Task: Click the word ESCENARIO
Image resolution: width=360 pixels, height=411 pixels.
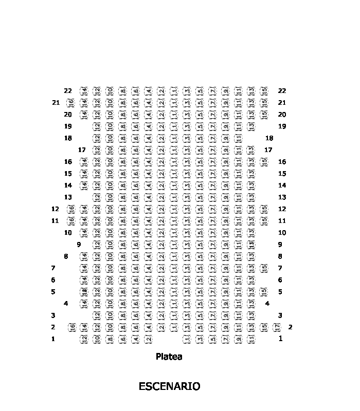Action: click(x=169, y=386)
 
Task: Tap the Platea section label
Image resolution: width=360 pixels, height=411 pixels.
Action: click(x=169, y=357)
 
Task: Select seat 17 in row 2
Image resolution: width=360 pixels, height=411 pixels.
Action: click(x=277, y=327)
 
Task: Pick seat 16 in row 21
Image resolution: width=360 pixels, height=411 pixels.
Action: click(x=71, y=103)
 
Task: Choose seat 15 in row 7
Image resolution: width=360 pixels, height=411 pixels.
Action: click(x=264, y=268)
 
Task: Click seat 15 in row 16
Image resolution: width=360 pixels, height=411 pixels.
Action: click(x=264, y=162)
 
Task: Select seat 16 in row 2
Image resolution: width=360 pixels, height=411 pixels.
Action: click(x=73, y=327)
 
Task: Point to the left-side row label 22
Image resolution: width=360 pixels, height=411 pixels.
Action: click(x=68, y=91)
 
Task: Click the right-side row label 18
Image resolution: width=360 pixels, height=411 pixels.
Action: click(x=269, y=138)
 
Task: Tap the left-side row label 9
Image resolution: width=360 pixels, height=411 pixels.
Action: click(x=79, y=245)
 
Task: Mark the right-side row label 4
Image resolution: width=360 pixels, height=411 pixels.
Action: click(x=267, y=304)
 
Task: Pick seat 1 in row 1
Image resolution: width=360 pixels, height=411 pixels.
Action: click(x=187, y=339)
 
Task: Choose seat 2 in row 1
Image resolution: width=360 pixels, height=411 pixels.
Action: click(x=148, y=339)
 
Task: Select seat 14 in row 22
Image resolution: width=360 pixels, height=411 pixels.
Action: click(x=84, y=91)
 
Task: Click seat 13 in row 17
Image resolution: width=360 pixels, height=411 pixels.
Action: click(x=251, y=150)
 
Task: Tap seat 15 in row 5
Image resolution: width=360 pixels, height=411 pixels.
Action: click(x=264, y=292)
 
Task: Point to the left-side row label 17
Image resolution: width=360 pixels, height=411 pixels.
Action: click(x=81, y=150)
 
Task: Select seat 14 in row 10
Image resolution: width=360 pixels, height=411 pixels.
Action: click(x=84, y=233)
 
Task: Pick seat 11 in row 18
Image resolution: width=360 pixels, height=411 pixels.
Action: click(x=238, y=138)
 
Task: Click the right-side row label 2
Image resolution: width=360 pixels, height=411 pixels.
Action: click(x=291, y=327)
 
